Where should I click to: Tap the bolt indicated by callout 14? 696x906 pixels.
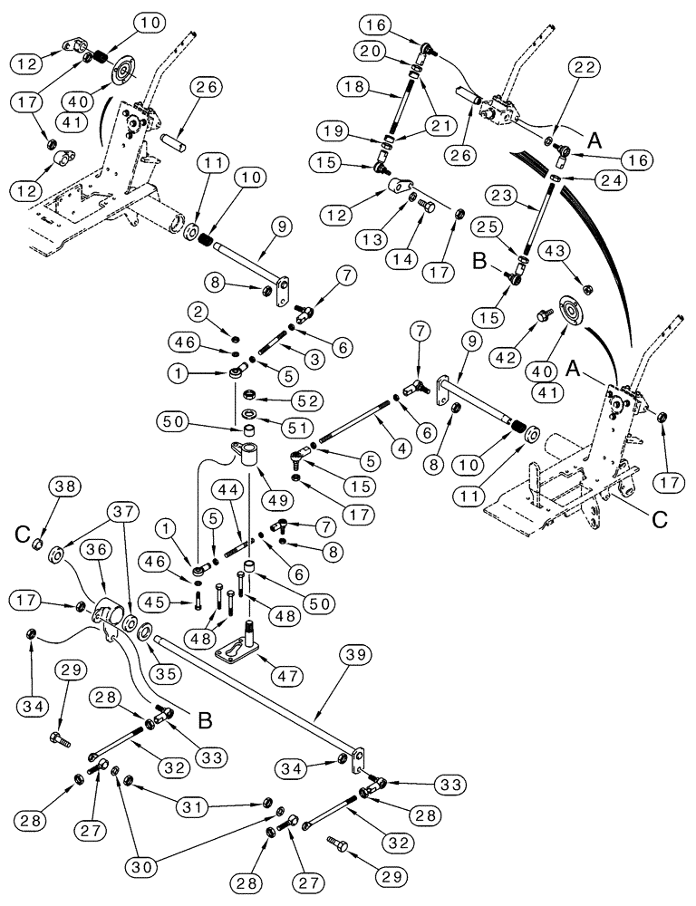(x=430, y=207)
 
